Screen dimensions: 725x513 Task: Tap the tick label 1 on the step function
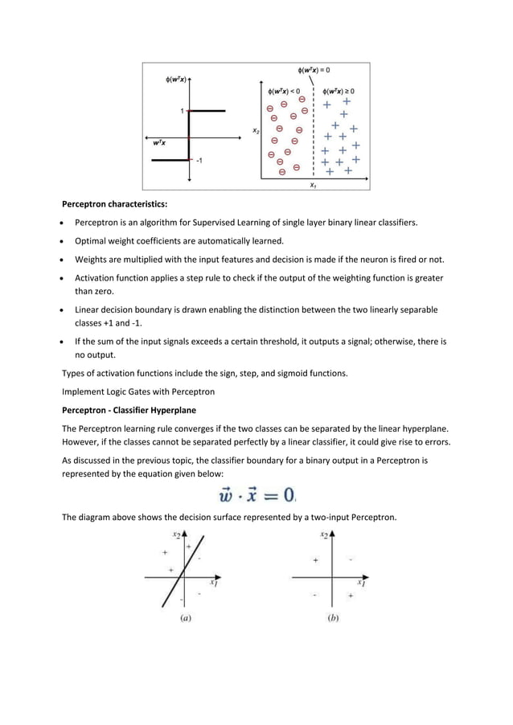[x=182, y=110]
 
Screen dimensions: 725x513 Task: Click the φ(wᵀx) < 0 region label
[x=285, y=91]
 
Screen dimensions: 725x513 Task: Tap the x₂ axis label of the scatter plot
[x=255, y=129]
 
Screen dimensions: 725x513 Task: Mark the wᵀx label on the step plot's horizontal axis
[x=161, y=142]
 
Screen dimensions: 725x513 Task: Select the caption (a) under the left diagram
[x=185, y=618]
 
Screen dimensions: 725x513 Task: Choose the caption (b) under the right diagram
[x=332, y=618]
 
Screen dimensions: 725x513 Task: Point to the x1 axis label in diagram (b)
[x=361, y=584]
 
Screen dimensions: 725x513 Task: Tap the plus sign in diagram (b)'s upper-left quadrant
[x=315, y=559]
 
